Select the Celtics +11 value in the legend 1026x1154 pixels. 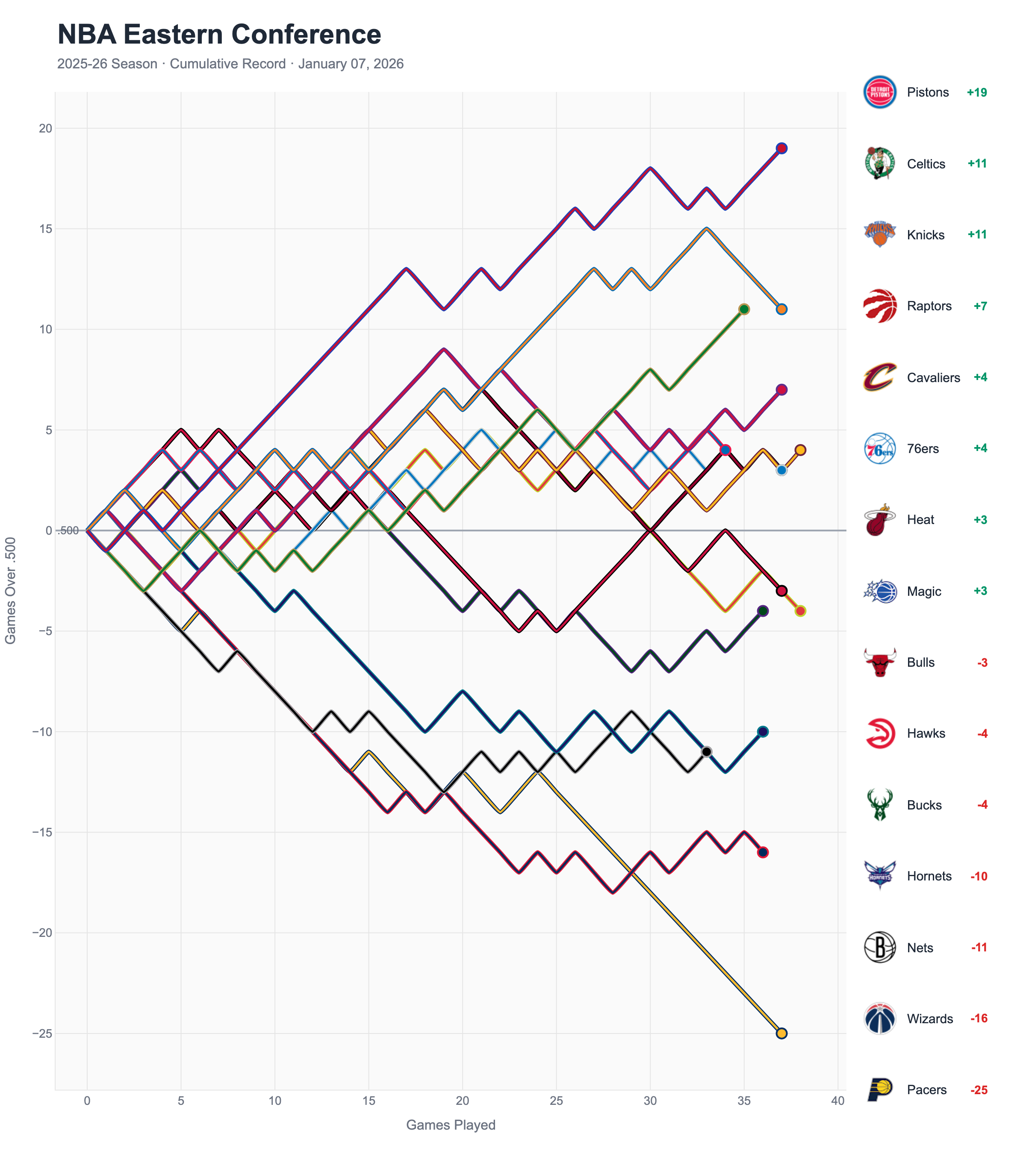coord(977,164)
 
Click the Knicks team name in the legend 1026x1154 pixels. coord(926,235)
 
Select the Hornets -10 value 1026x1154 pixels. coord(979,876)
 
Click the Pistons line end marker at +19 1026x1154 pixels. coord(781,148)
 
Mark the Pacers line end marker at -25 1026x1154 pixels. coord(781,1034)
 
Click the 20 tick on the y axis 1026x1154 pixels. coord(45,129)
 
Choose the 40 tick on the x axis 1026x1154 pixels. coord(838,1101)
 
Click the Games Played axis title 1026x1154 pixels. coord(451,1125)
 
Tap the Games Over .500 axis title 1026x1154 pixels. coord(11,591)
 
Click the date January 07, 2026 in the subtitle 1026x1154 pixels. coord(351,64)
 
